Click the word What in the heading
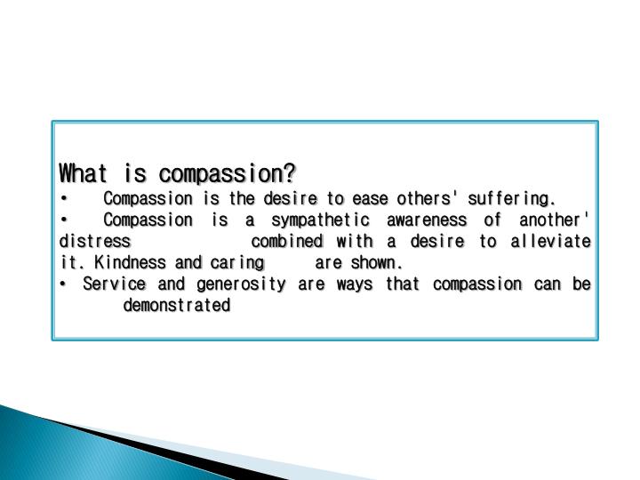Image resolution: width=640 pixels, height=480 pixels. (78, 171)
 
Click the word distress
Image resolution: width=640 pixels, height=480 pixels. (95, 241)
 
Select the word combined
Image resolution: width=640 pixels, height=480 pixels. (287, 241)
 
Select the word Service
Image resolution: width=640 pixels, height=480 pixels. (110, 284)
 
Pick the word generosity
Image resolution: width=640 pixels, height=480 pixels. (232, 285)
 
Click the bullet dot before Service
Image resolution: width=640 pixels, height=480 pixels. (64, 284)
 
